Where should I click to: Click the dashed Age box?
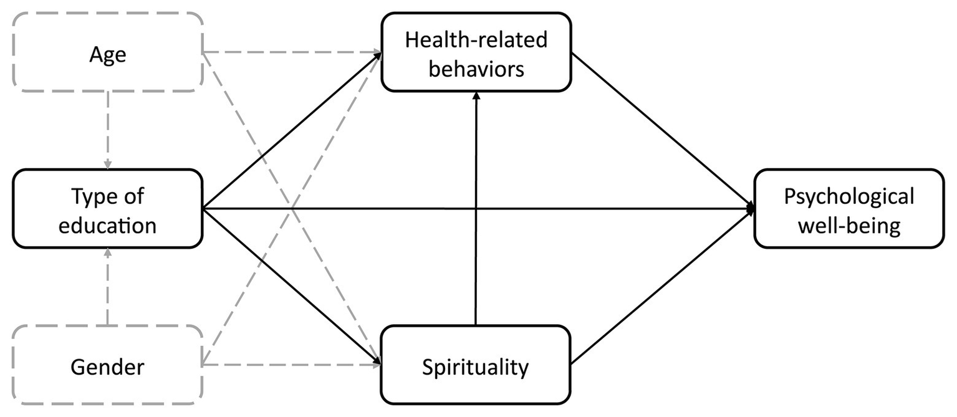pos(107,54)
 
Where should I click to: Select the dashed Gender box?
pos(107,367)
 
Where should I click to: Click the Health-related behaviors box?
pos(476,54)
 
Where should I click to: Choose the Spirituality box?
pos(476,367)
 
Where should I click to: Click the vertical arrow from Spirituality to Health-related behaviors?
pos(476,212)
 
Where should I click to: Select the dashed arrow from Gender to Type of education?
pos(108,287)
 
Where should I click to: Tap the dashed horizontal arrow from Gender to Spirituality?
pos(293,365)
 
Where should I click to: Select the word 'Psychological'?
pos(849,196)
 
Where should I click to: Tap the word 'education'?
pos(107,225)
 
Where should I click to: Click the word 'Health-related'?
pos(476,40)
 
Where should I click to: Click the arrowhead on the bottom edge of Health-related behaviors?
pos(476,95)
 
